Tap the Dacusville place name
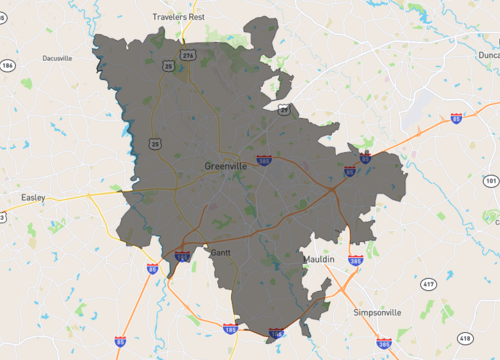(x=57, y=58)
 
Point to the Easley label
(x=33, y=198)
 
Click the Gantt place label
(x=220, y=253)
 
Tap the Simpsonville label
(x=377, y=312)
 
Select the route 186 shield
(x=7, y=66)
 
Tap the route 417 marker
(x=428, y=285)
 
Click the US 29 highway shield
(x=284, y=109)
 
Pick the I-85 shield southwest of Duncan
(x=456, y=119)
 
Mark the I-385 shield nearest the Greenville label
(x=264, y=159)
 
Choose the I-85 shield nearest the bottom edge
(x=120, y=342)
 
